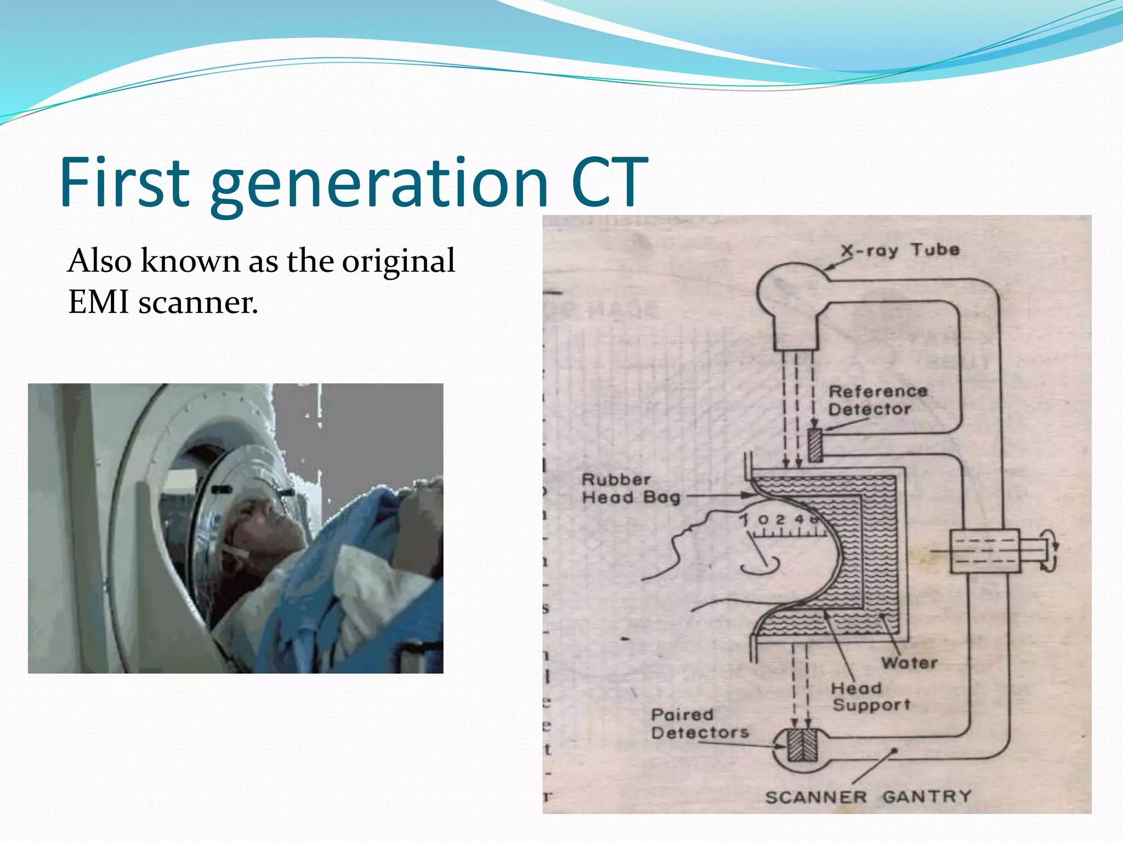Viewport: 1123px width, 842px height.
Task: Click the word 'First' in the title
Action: click(x=124, y=182)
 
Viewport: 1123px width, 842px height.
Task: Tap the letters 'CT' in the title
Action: click(x=609, y=182)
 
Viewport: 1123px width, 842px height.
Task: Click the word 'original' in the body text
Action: click(x=399, y=260)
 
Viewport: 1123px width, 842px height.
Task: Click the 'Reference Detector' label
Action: click(x=877, y=400)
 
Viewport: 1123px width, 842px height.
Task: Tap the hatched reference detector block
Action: click(x=815, y=445)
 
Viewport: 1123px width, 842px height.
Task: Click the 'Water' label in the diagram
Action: click(x=909, y=663)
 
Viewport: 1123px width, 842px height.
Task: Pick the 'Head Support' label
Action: click(x=870, y=696)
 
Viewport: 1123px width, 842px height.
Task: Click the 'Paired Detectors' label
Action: click(x=699, y=724)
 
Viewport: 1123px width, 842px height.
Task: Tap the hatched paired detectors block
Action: click(x=802, y=746)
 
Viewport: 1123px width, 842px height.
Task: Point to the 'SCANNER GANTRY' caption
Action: click(x=868, y=797)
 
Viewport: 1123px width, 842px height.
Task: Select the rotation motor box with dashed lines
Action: click(x=984, y=551)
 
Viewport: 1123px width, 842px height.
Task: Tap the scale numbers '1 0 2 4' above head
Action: click(x=779, y=520)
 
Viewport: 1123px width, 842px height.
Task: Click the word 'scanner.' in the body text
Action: click(x=198, y=302)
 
